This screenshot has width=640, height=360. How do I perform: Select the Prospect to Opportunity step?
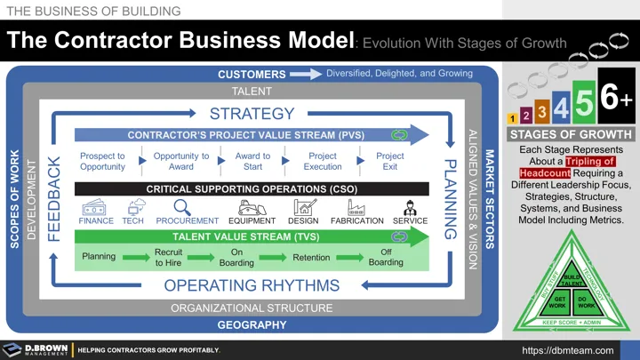[x=102, y=161]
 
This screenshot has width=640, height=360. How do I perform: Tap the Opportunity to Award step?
[x=181, y=161]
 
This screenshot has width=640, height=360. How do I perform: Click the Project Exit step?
[x=389, y=161]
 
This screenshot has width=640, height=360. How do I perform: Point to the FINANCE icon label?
[x=96, y=220]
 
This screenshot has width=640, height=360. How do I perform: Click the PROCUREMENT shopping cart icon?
[x=187, y=206]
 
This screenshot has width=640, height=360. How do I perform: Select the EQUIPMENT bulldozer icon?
[x=252, y=206]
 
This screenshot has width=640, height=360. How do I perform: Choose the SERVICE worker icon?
[x=410, y=206]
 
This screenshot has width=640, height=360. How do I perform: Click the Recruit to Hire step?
[x=168, y=258]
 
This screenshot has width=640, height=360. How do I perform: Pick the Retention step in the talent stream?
[x=311, y=258]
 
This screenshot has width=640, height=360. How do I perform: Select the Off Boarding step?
[x=386, y=258]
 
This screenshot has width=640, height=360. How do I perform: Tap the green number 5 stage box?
[x=583, y=105]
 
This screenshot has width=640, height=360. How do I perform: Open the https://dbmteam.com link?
[x=568, y=350]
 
